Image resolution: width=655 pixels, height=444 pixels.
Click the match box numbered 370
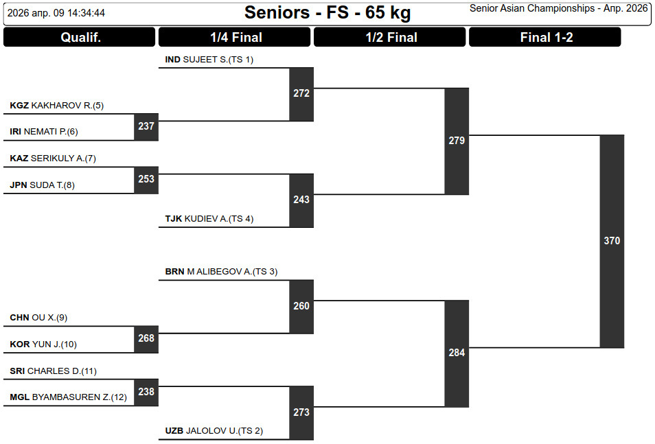tap(612, 241)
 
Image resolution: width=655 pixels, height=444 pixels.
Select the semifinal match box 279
tap(457, 141)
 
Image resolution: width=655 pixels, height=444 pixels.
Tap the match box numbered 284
tap(457, 353)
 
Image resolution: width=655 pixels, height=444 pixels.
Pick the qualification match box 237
tap(146, 126)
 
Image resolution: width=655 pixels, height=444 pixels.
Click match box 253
tap(146, 179)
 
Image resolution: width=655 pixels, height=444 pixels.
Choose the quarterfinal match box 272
tap(301, 94)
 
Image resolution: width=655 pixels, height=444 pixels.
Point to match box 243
tap(301, 200)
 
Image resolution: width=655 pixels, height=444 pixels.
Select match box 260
tap(301, 306)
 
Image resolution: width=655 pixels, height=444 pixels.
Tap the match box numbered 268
tap(146, 338)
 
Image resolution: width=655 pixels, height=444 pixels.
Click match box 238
tap(146, 392)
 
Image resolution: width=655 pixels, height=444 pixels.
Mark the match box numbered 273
tap(301, 412)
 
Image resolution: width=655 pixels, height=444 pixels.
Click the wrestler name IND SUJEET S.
tap(209, 60)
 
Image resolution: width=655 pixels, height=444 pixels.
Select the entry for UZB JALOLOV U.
tap(214, 431)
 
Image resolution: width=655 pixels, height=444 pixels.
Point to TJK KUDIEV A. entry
tap(209, 219)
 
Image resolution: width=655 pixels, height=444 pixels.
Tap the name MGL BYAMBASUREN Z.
tap(68, 397)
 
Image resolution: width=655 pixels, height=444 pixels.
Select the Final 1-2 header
tap(545, 38)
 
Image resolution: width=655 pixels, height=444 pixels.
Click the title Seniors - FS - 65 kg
tap(327, 12)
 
